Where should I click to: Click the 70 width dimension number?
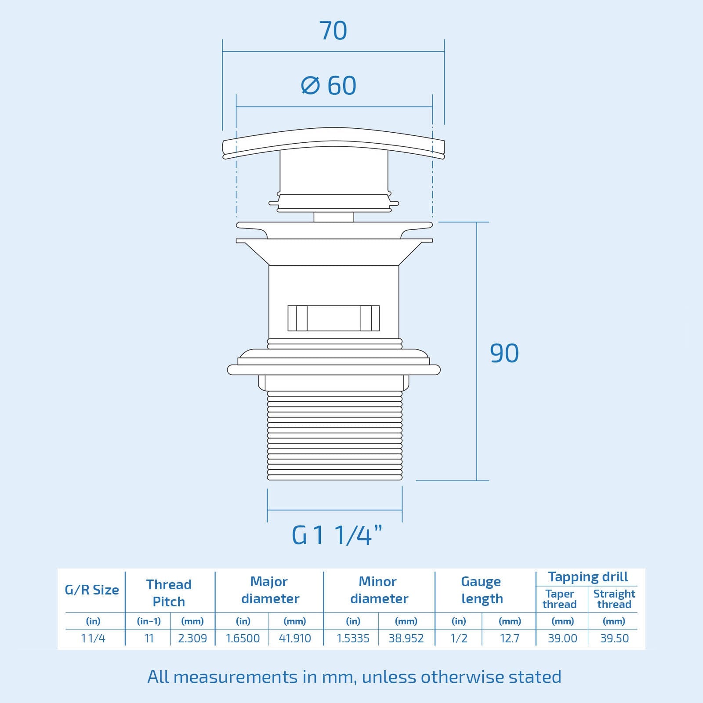click(333, 31)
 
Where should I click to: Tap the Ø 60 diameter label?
click(329, 85)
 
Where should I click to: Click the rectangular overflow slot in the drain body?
click(333, 318)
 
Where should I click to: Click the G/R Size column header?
click(92, 590)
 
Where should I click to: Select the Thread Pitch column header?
click(169, 593)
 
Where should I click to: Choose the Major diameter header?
click(270, 590)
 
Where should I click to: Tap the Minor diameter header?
click(379, 590)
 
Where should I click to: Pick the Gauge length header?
click(482, 590)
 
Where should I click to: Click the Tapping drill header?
click(588, 576)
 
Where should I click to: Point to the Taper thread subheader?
click(560, 599)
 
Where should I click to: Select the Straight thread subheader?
click(614, 599)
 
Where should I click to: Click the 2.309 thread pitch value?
click(192, 638)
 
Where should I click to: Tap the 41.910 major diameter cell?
click(295, 638)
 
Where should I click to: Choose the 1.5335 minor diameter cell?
click(353, 638)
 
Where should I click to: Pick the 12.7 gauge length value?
click(510, 638)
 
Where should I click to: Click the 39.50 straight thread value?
click(614, 638)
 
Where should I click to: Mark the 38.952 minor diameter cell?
click(406, 638)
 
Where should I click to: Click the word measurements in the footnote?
click(236, 677)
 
